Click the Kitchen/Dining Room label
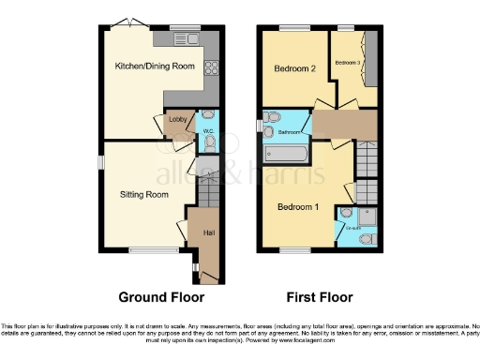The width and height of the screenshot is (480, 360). pos(154,67)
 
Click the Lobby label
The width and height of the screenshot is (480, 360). pos(176,119)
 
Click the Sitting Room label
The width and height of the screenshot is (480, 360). pos(143,195)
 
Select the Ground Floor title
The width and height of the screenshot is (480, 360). pos(160,297)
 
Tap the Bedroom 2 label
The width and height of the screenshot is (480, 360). pos(292,68)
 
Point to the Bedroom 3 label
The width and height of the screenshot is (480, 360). pos(348,62)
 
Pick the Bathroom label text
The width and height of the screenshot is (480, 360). pos(287,133)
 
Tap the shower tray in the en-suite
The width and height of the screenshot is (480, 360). pos(367,216)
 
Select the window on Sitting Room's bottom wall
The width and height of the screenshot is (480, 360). pos(143,248)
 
